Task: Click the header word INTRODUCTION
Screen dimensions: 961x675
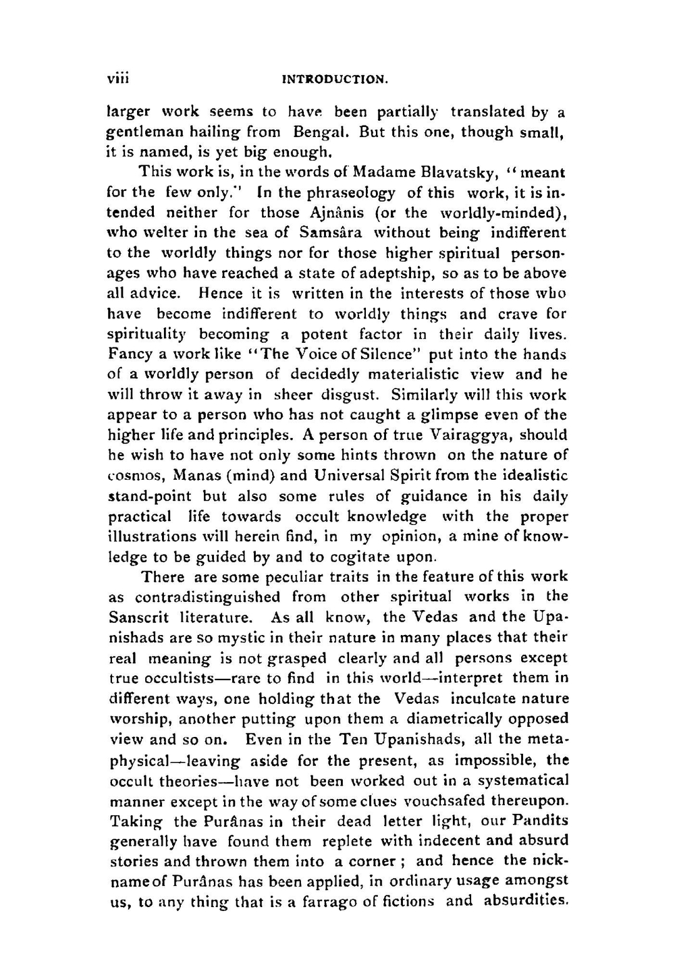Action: coord(335,80)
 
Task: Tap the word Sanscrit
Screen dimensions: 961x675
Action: coord(138,617)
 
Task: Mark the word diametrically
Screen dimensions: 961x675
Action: coord(463,719)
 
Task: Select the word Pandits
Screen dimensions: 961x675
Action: coord(540,821)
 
